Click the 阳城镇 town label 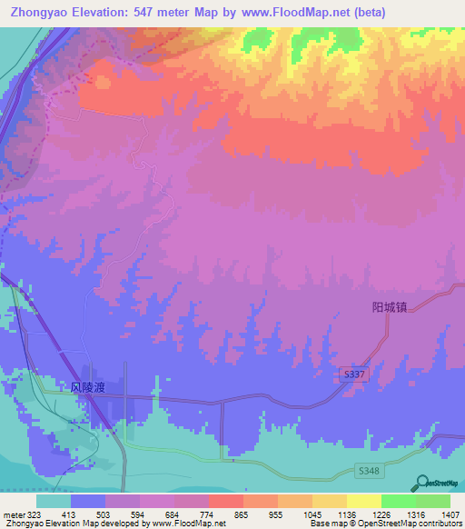click(x=391, y=307)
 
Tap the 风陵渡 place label click(x=88, y=388)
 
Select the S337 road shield click(x=356, y=374)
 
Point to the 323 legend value click(x=34, y=514)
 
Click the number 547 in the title click(x=147, y=13)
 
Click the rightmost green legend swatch click(x=432, y=501)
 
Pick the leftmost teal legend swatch click(x=53, y=501)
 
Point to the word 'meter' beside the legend click(x=12, y=514)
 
